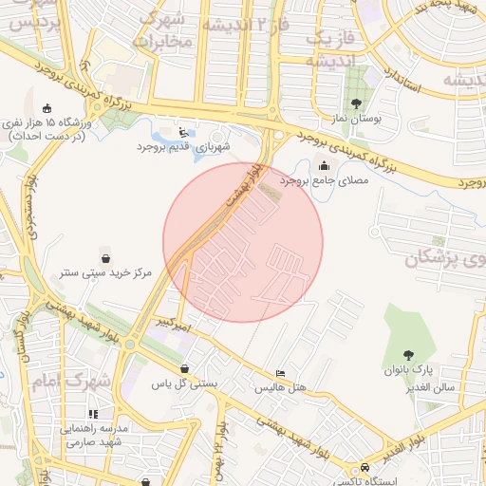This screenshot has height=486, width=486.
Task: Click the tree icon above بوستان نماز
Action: pyautogui.click(x=356, y=104)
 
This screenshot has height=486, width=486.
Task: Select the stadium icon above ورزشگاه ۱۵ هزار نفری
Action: pyautogui.click(x=48, y=107)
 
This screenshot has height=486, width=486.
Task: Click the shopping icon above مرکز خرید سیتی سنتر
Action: pyautogui.click(x=104, y=258)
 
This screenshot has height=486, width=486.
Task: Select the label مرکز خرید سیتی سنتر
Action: pyautogui.click(x=104, y=273)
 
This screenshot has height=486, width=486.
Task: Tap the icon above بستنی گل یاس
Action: pyautogui.click(x=183, y=369)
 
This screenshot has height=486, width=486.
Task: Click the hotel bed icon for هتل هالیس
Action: pyautogui.click(x=279, y=374)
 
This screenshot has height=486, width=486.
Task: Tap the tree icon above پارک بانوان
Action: pyautogui.click(x=409, y=353)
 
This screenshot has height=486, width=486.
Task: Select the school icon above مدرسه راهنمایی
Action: pyautogui.click(x=93, y=414)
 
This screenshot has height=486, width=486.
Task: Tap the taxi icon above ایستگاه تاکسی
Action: pyautogui.click(x=364, y=468)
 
